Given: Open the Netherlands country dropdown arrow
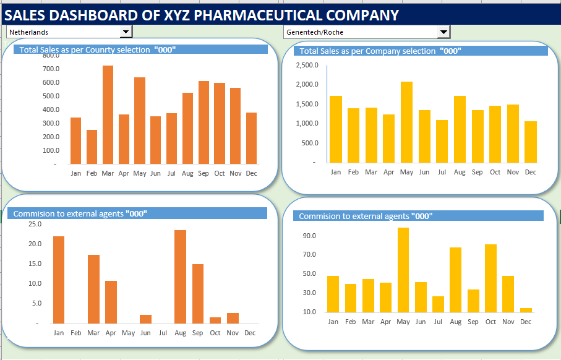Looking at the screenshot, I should coord(126,32).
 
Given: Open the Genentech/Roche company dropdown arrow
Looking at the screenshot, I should coord(443,32).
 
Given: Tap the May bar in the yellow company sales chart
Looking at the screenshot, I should coord(406,122).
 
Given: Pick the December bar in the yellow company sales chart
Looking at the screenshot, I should coord(531,142).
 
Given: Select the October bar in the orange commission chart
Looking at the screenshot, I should coord(215,320).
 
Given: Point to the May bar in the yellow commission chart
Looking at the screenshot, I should coord(403,270).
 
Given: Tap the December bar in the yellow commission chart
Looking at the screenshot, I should coord(526,310).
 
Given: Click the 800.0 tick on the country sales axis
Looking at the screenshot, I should coord(51,55).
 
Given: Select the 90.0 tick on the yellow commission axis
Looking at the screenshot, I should coord(309,236).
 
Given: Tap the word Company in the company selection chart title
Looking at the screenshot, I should coord(383,51).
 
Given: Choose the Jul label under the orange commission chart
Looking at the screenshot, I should coord(163,333).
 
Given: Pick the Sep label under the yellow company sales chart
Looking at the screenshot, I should coord(477,172).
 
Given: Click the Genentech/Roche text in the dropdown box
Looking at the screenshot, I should coord(315,32).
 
